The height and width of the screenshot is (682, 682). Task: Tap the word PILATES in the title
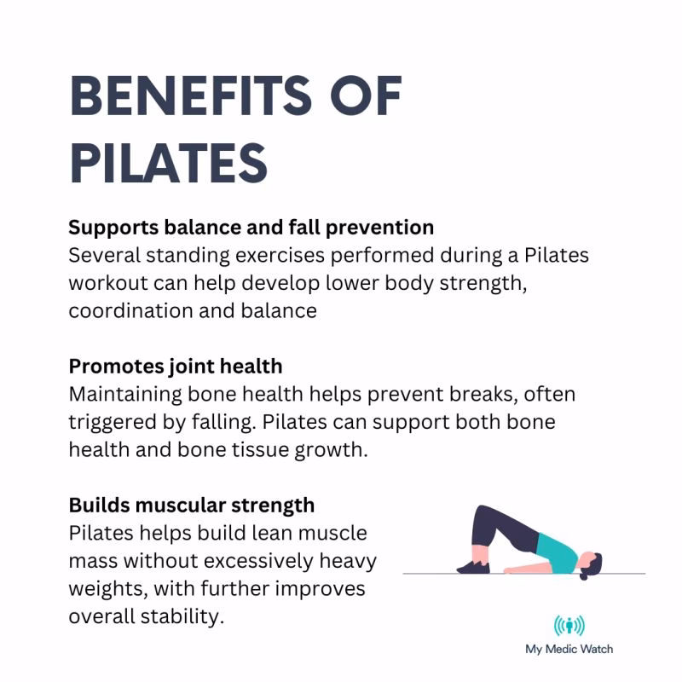coord(168,163)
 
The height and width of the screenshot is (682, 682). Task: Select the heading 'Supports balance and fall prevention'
coord(251,228)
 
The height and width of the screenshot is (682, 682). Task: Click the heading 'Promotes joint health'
coord(175,367)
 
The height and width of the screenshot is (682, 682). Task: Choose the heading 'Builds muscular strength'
coord(191,505)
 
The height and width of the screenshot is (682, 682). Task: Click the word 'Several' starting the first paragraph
coord(101,256)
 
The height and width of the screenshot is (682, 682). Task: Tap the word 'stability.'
coord(186,616)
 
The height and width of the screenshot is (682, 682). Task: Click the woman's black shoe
coord(473,566)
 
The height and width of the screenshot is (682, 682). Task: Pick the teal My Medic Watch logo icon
coord(569,627)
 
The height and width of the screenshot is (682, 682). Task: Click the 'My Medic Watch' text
coord(569,649)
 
